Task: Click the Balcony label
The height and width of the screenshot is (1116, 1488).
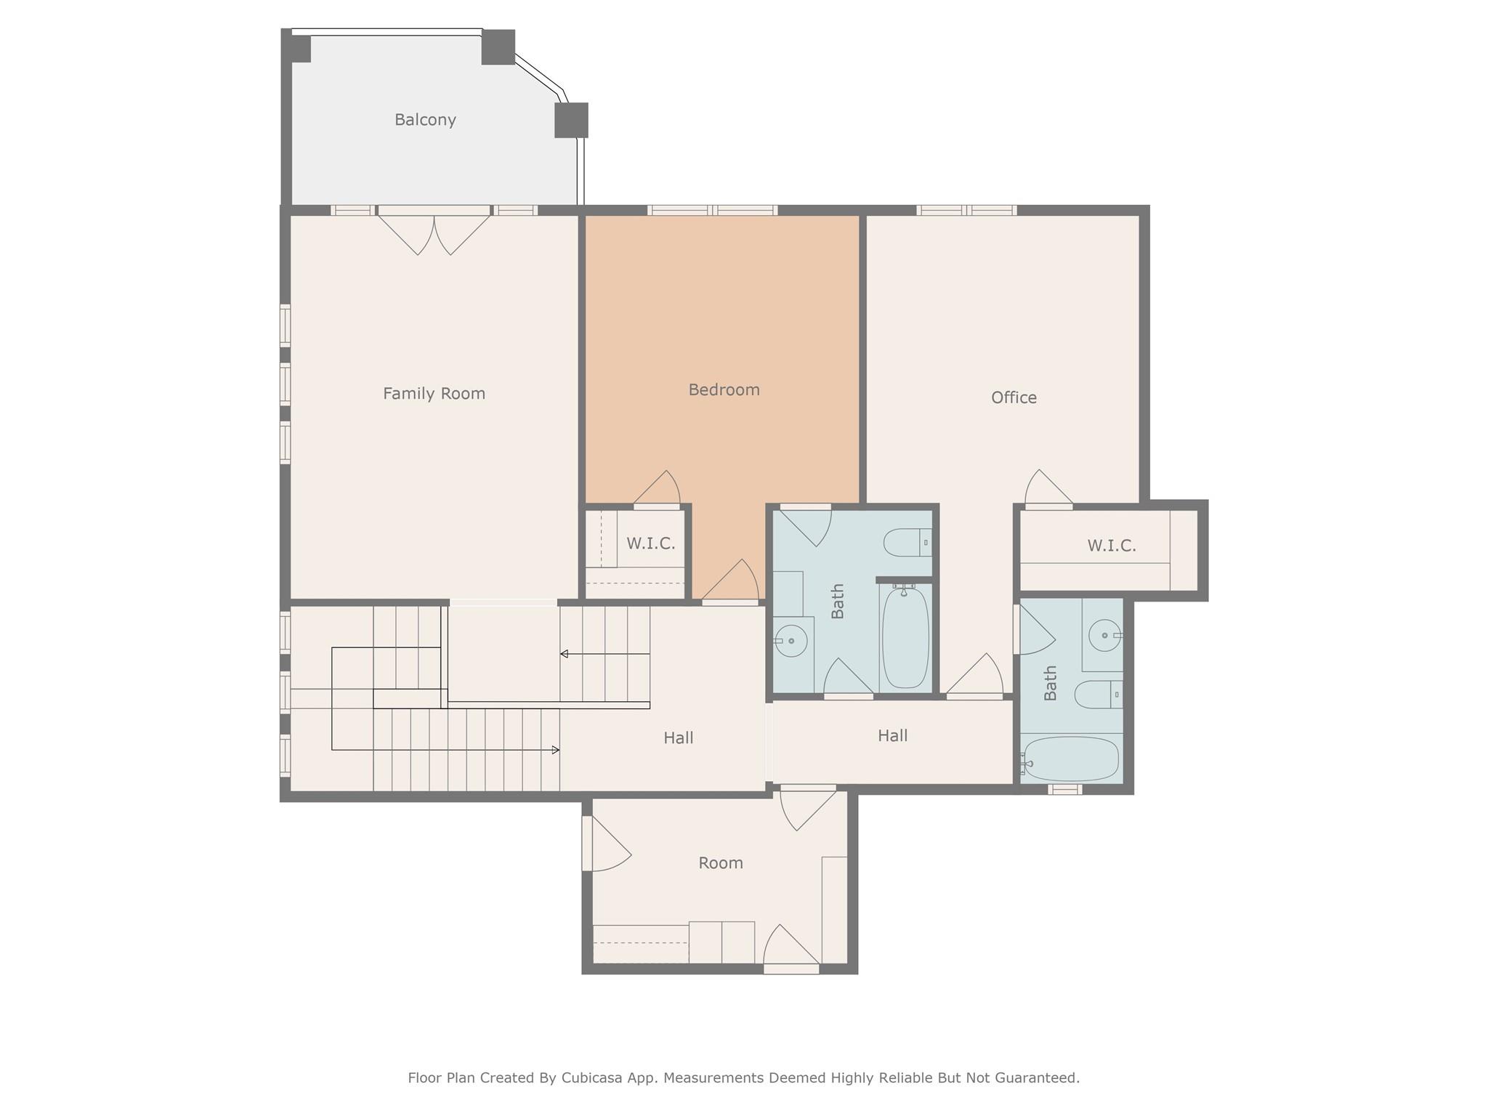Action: tap(425, 120)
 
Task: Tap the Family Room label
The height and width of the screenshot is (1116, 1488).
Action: tap(434, 394)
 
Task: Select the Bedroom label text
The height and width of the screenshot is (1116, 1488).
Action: tap(724, 390)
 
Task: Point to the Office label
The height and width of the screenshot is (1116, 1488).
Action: tap(1014, 397)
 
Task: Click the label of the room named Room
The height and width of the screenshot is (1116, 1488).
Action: tap(721, 863)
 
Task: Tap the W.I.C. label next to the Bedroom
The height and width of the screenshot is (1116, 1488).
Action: tap(650, 543)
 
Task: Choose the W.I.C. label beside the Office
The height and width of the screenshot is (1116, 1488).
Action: tap(1112, 546)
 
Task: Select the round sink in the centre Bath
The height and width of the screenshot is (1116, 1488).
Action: tap(790, 641)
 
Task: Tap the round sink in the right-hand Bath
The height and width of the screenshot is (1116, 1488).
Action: tap(1105, 636)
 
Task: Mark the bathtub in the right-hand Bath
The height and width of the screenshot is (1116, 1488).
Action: tap(1069, 759)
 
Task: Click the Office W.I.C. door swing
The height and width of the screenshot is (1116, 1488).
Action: tap(1048, 488)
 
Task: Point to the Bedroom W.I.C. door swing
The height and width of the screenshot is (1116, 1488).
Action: tap(657, 488)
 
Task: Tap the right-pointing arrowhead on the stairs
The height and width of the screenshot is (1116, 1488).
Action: tap(556, 750)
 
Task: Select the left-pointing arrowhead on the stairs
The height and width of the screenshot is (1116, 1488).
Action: tap(564, 654)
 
